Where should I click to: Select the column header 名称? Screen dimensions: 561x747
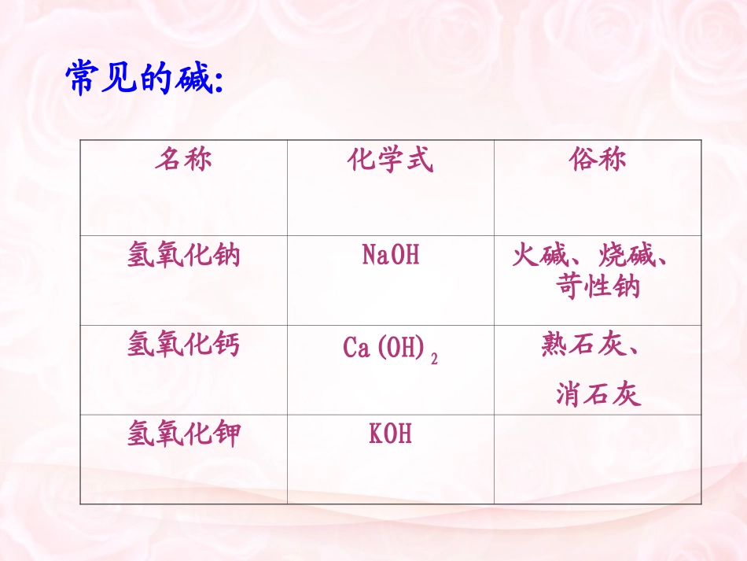coord(183,161)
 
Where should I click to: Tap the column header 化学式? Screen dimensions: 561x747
coord(390,161)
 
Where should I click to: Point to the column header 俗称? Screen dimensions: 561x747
coord(598,161)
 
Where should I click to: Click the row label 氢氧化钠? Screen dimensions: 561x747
coord(183,256)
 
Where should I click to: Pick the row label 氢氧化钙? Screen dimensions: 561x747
coord(183,345)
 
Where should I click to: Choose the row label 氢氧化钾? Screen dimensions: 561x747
coord(183,434)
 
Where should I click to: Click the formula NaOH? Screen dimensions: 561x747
coord(390,255)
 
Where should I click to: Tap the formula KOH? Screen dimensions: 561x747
coord(390,434)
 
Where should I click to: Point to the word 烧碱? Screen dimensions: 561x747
coord(625,256)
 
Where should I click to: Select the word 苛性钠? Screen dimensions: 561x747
coord(598,287)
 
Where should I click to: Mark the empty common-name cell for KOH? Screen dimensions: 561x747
coord(598,459)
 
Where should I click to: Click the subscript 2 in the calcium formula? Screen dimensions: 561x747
coord(434,357)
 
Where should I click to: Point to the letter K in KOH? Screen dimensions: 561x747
coord(375,434)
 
